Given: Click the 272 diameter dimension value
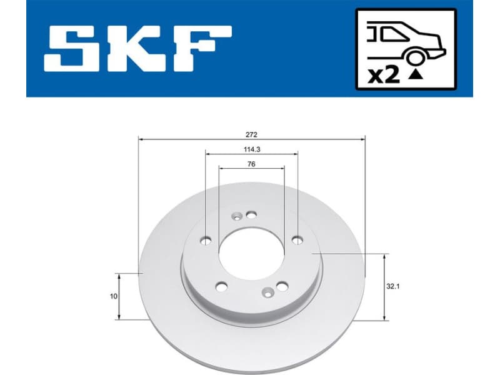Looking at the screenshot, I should click(251, 134).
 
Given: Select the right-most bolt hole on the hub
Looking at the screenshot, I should click(297, 239).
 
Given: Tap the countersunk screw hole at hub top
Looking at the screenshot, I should click(237, 217).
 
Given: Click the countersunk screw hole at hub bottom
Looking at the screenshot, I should click(268, 291).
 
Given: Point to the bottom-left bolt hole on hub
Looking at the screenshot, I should click(221, 286).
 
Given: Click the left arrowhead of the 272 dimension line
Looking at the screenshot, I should click(140, 139).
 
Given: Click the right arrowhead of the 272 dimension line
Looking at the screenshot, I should click(363, 139).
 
